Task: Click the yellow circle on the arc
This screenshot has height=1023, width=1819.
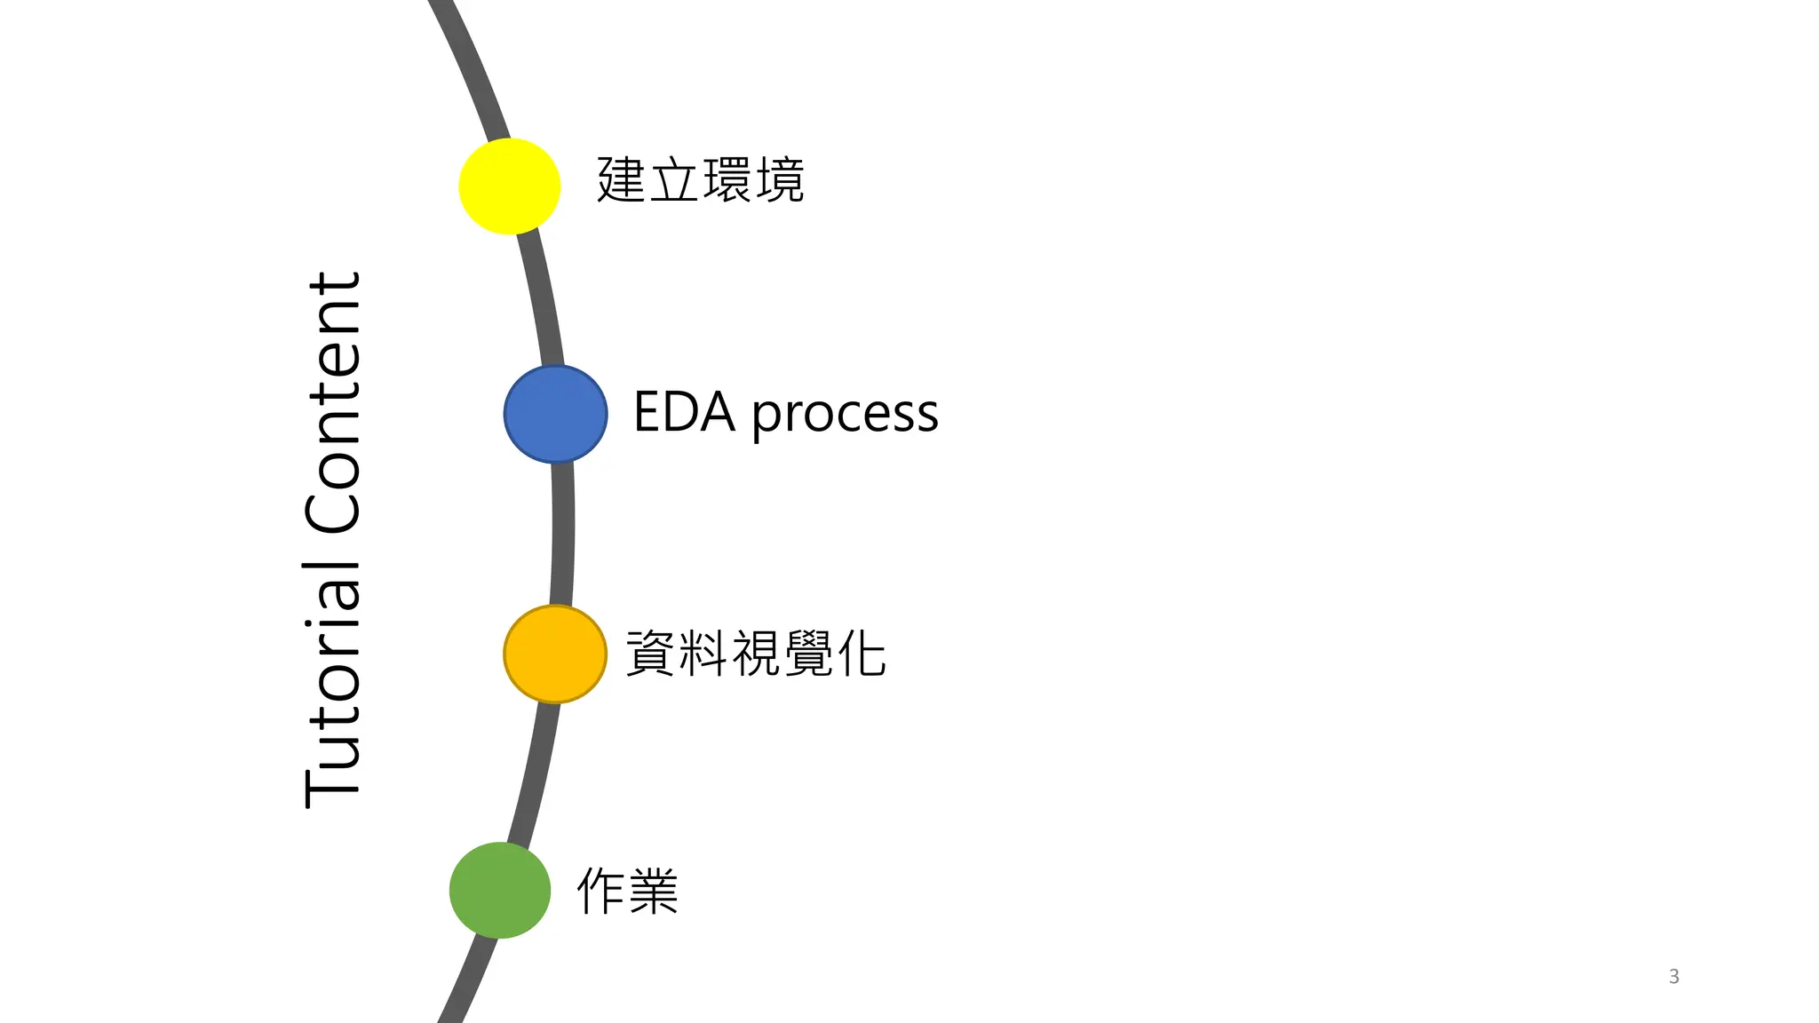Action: [509, 186]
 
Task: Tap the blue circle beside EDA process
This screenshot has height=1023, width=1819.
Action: [555, 414]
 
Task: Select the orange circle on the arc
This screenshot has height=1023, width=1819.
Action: [555, 654]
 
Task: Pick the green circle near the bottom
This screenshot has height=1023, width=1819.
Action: [500, 890]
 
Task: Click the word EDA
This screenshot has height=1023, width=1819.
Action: [684, 413]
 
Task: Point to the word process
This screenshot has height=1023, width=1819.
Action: [845, 416]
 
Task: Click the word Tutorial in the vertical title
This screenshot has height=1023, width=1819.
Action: [333, 684]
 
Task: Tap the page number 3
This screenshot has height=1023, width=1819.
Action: [1673, 976]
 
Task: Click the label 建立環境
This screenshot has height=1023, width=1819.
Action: [700, 180]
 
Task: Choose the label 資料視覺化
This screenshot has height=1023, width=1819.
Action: [756, 654]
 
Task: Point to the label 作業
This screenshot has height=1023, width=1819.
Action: [627, 891]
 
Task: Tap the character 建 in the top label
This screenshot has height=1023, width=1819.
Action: [621, 180]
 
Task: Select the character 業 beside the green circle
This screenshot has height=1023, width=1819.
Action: [655, 891]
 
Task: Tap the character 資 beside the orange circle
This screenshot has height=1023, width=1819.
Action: [651, 654]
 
